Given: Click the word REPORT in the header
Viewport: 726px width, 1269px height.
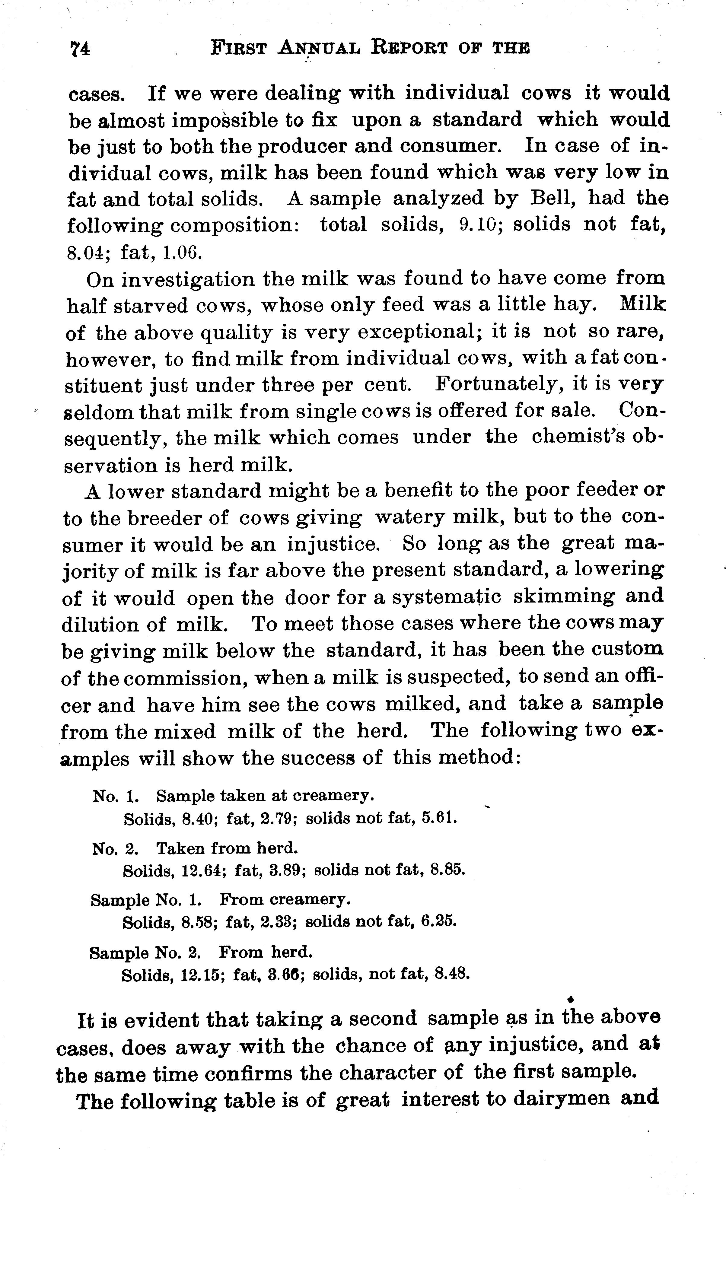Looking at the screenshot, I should point(409,48).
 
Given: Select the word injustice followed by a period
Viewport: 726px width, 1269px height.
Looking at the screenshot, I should point(334,544).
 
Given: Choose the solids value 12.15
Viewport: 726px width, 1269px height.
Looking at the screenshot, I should point(203,974).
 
